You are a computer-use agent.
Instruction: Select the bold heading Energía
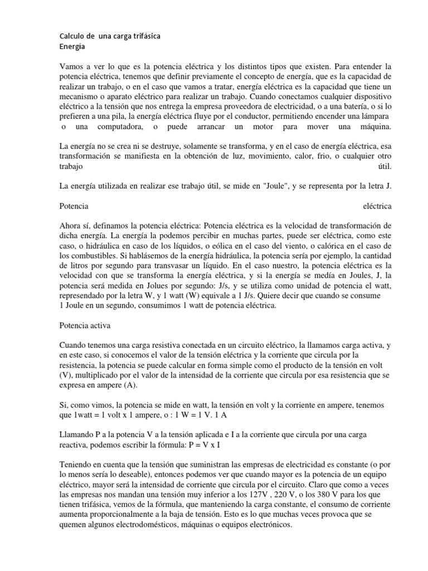tap(73, 47)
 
